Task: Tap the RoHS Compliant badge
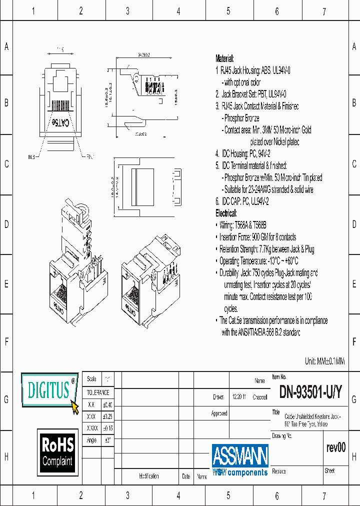[x=57, y=451]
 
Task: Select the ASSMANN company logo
[x=240, y=459]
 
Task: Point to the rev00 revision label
[x=335, y=447]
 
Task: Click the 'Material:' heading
[x=224, y=58]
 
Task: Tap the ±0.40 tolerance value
[x=107, y=404]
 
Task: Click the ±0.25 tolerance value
[x=107, y=416]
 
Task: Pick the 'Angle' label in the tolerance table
[x=91, y=440]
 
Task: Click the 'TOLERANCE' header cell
[x=98, y=392]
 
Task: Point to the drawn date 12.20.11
[x=238, y=397]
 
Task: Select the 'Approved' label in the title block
[x=219, y=413]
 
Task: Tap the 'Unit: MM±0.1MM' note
[x=324, y=361]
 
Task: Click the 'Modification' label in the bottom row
[x=148, y=476]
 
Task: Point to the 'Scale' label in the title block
[x=91, y=379]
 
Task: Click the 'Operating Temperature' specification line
[x=258, y=261]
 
